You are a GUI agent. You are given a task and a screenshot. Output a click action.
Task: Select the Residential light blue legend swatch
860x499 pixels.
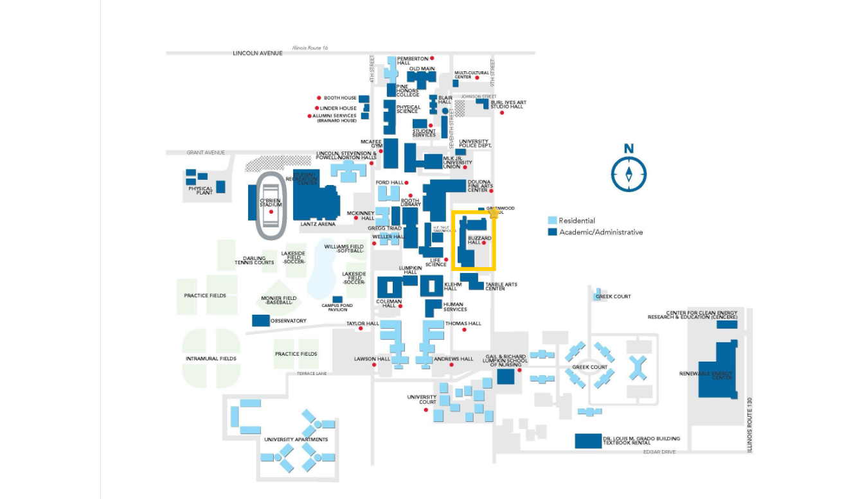551,220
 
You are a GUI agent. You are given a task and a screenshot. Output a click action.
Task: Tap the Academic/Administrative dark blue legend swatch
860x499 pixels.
551,232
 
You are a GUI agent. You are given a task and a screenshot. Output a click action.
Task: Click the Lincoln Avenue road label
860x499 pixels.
257,53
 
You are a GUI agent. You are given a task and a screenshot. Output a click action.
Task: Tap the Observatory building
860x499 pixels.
260,320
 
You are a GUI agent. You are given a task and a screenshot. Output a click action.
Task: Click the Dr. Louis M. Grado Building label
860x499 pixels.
641,439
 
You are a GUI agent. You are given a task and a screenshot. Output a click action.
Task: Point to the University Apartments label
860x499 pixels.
296,439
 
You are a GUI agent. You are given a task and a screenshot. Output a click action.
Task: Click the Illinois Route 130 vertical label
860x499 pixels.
749,425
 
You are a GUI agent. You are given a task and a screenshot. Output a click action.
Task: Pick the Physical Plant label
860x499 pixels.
200,190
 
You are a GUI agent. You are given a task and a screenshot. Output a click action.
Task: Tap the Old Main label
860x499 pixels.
422,69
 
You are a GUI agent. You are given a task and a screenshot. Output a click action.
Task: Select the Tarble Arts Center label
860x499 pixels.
501,286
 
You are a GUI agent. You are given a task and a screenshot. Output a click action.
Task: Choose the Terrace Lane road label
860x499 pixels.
312,373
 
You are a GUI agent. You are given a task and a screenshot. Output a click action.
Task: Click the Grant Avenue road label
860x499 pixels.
206,152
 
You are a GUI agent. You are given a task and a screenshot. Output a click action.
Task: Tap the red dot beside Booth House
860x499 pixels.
318,98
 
